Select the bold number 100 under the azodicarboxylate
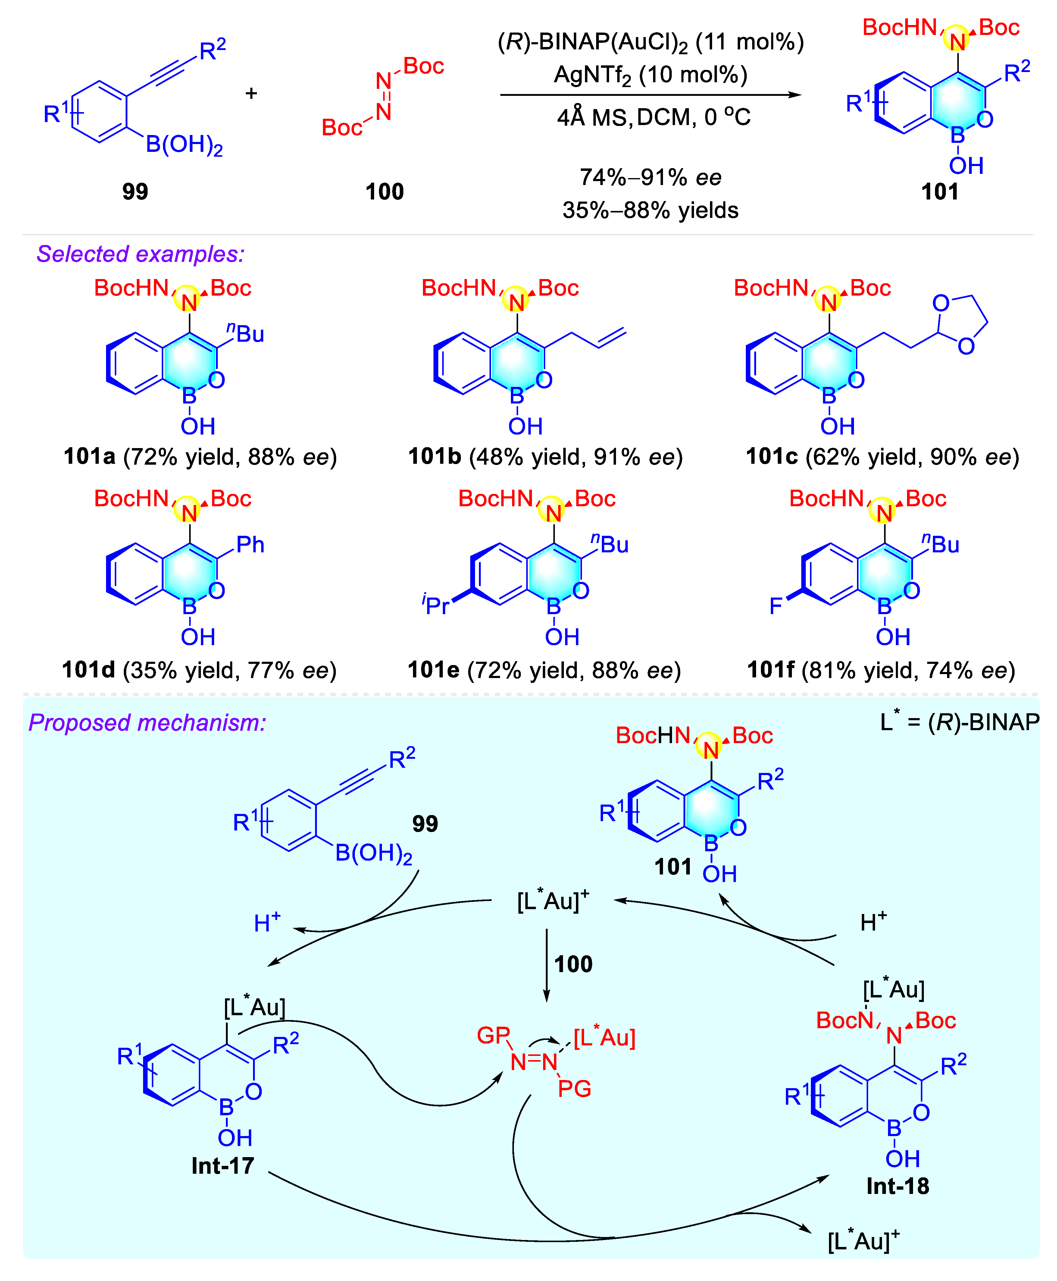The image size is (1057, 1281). (384, 191)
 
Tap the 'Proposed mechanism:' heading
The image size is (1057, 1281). (147, 722)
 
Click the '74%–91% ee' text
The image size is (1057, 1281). (650, 177)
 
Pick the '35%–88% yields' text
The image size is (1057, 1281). (650, 210)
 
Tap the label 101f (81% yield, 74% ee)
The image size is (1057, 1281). (881, 670)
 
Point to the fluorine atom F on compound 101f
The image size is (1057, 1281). (776, 606)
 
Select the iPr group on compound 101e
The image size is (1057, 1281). (435, 605)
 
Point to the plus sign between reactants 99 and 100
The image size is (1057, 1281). (251, 93)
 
